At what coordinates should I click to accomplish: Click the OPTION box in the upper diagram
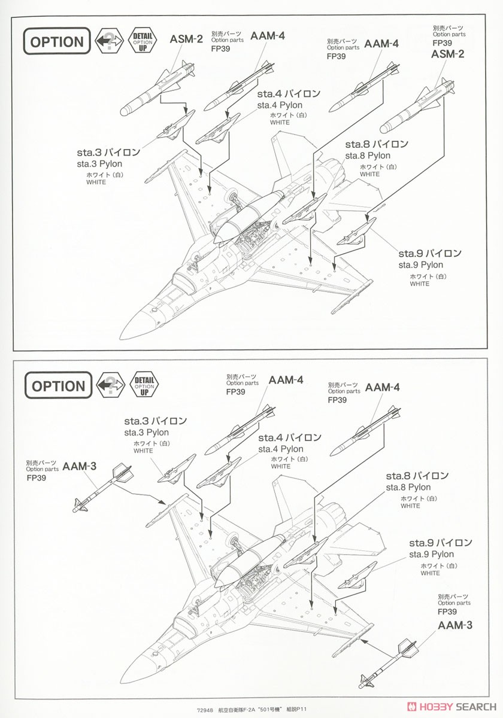(57, 42)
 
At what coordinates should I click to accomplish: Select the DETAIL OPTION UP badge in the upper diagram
(143, 41)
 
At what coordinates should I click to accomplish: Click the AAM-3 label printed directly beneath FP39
(454, 625)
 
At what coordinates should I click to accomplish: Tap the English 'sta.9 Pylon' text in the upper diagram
(420, 264)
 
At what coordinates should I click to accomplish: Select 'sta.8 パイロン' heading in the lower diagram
(417, 476)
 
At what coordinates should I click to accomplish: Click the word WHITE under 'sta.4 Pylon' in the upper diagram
(279, 123)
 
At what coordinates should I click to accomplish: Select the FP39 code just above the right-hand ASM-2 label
(442, 43)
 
